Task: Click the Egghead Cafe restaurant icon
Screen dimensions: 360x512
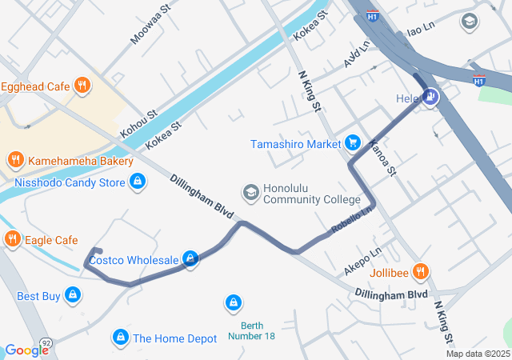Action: tap(81, 86)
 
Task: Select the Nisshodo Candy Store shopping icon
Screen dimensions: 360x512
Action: tap(138, 182)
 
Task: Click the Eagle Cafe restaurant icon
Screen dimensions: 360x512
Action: tap(12, 239)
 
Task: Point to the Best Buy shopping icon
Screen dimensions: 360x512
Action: tap(73, 296)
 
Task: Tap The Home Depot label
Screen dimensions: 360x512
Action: tap(174, 338)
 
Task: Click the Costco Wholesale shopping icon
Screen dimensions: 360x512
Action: tap(190, 258)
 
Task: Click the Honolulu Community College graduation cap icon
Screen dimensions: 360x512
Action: tap(250, 193)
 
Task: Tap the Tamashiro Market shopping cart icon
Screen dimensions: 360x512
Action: tap(351, 143)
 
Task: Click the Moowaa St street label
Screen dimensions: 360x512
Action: tap(151, 26)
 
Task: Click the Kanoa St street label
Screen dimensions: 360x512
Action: tap(383, 158)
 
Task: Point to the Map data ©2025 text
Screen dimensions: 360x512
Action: tap(478, 354)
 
